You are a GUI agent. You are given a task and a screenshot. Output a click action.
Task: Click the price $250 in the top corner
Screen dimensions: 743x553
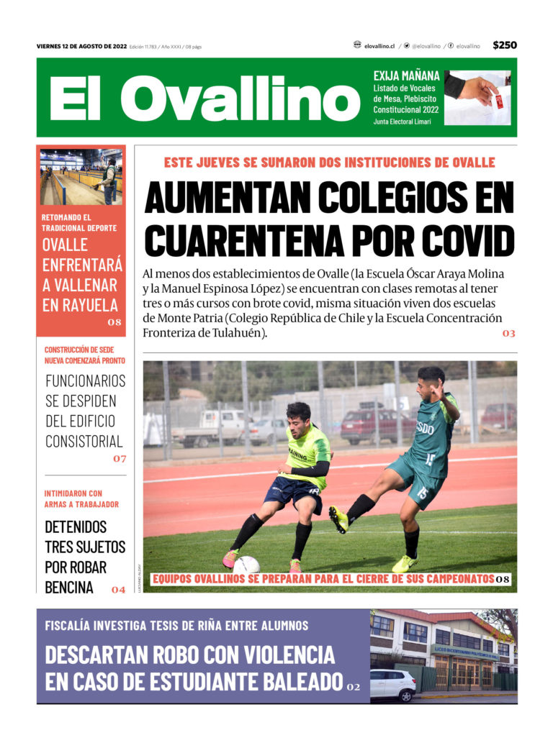point(505,45)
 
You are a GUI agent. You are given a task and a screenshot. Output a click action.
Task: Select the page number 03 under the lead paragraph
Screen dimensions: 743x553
point(508,334)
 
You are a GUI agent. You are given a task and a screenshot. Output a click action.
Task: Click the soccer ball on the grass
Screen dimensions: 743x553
point(247,565)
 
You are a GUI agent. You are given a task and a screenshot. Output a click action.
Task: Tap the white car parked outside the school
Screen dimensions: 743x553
point(392,684)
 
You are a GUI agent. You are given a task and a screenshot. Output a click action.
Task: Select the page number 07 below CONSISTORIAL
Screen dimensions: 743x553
point(119,458)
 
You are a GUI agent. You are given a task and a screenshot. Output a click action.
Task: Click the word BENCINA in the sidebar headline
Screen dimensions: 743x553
point(69,587)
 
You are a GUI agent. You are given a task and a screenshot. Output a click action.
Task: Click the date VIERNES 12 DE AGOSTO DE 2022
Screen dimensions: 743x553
point(81,47)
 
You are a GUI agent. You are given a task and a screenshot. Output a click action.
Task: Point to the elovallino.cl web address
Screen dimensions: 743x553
point(379,45)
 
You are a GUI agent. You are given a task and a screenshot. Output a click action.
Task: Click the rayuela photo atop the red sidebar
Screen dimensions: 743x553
point(81,177)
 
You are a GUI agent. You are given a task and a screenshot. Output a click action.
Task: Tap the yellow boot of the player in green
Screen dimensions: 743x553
point(338,519)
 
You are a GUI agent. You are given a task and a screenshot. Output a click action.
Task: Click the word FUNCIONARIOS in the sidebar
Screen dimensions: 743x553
point(85,380)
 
